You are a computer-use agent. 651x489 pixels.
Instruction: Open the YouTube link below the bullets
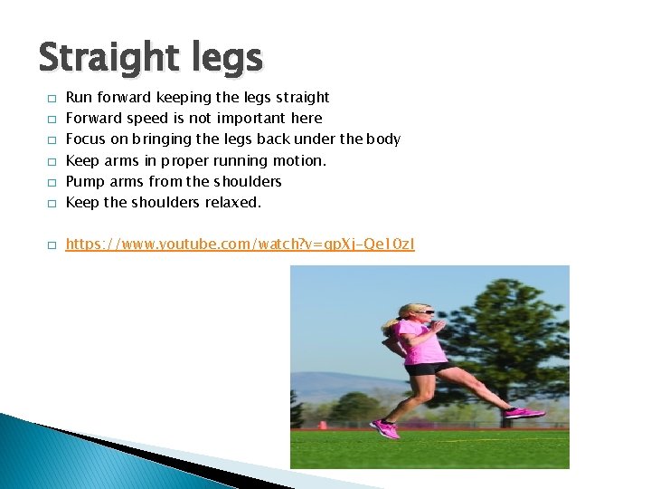pyautogui.click(x=241, y=244)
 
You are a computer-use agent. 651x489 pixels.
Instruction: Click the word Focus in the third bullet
pyautogui.click(x=86, y=139)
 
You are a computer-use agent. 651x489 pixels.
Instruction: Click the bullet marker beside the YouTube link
pyautogui.click(x=52, y=245)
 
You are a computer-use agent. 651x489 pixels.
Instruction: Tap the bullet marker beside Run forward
pyautogui.click(x=52, y=98)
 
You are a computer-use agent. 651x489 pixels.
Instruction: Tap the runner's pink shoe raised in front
pyautogui.click(x=524, y=413)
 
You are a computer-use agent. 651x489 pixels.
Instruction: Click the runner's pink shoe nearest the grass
pyautogui.click(x=385, y=428)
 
